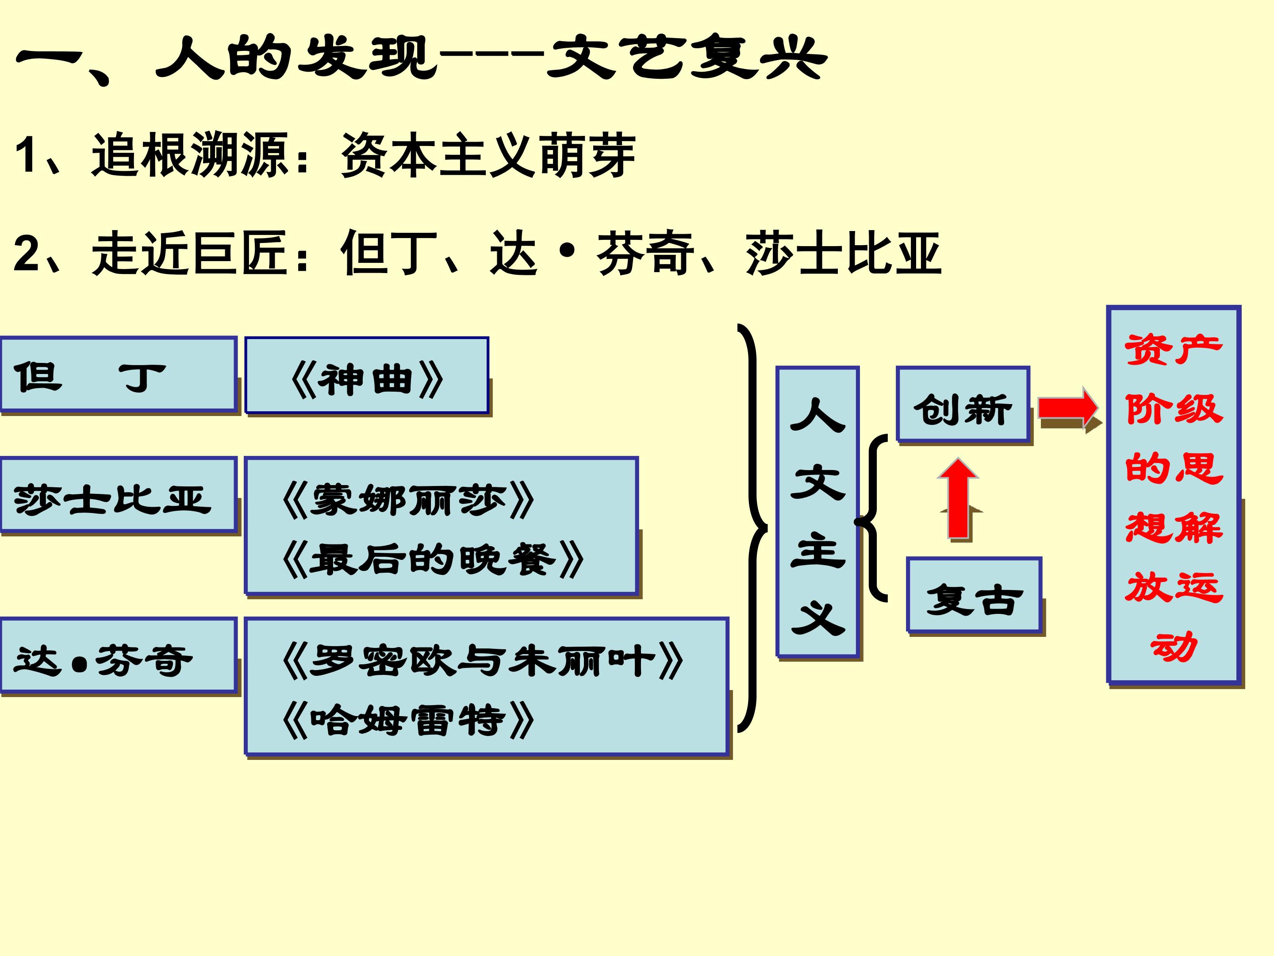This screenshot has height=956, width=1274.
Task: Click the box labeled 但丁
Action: tap(118, 375)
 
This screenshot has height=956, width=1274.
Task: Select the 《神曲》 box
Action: tap(367, 376)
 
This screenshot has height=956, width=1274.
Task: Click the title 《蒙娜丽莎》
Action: tap(408, 501)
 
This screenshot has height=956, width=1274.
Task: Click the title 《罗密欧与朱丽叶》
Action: tap(483, 661)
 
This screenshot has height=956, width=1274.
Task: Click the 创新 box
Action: tap(963, 405)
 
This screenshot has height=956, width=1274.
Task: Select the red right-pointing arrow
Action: tap(1068, 408)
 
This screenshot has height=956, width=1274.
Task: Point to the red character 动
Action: tap(1173, 647)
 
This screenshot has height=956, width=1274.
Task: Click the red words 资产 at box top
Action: tap(1173, 349)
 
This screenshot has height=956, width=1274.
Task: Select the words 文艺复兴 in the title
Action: tap(685, 58)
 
